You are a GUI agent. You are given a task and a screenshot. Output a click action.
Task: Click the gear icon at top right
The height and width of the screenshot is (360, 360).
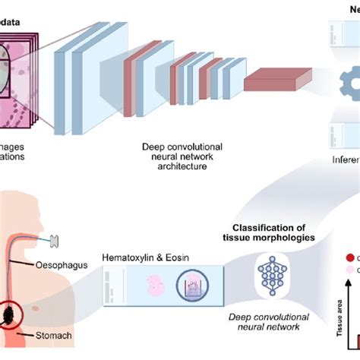pos(335,81)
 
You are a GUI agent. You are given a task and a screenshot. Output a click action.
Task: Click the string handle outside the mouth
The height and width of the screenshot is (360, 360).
pos(55,242)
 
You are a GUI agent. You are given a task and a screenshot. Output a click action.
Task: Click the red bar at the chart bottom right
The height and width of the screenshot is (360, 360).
pos(352,351)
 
